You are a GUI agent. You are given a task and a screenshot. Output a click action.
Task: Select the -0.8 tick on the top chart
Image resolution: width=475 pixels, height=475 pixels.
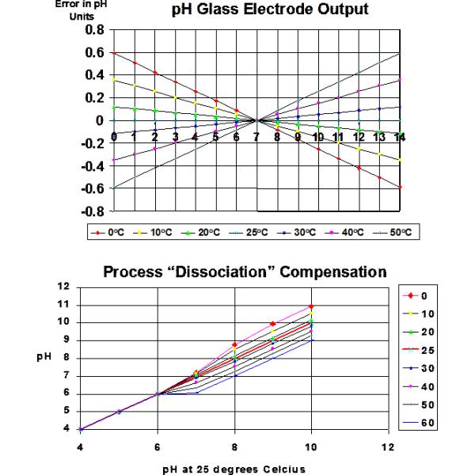92,212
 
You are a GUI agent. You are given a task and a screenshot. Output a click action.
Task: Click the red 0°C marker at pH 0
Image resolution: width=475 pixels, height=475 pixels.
115,53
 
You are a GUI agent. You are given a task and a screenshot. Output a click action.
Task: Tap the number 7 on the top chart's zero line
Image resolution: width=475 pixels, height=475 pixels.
257,136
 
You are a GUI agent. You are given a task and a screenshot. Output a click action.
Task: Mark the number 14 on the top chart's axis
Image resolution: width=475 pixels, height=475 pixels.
401,136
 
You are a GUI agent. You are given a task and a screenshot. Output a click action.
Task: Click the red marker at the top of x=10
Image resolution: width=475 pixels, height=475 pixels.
311,306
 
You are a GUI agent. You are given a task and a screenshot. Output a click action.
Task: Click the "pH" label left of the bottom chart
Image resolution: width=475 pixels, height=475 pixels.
46,357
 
